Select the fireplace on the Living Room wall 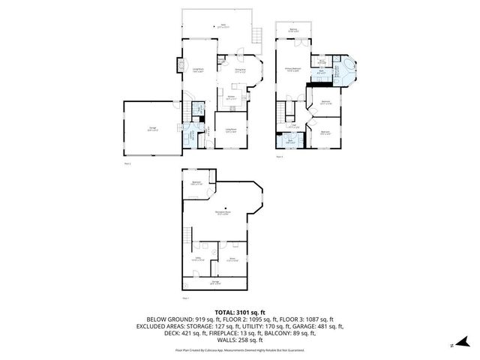[x=180, y=67]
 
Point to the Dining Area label [x=240, y=71]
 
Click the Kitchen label [x=232, y=98]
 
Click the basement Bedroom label [x=196, y=183]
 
